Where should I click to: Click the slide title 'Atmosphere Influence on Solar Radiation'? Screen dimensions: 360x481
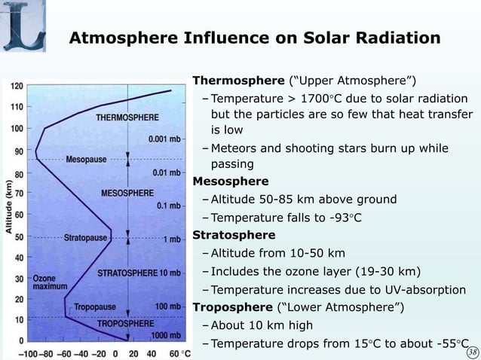(255, 38)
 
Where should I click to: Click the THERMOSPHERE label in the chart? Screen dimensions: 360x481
(127, 117)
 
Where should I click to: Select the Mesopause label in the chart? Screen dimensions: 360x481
(86, 160)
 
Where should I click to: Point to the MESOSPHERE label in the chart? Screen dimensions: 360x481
(127, 194)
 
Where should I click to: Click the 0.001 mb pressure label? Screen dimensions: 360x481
(164, 139)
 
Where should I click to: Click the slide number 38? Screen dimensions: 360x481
(472, 352)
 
